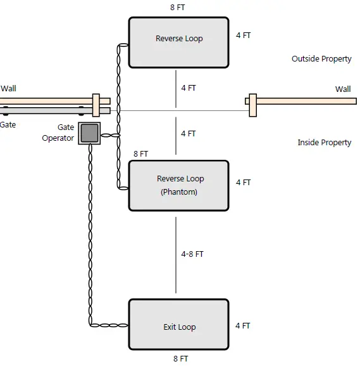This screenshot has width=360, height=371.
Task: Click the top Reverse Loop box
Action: click(x=179, y=42)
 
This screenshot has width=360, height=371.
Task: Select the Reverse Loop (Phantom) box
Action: click(x=179, y=185)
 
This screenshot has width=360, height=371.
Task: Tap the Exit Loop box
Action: click(x=179, y=324)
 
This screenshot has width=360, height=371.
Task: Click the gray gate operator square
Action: click(x=89, y=133)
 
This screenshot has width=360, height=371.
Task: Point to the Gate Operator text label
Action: click(x=58, y=133)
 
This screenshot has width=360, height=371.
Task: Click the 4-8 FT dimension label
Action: click(x=192, y=254)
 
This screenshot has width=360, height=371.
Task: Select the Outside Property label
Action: click(x=321, y=59)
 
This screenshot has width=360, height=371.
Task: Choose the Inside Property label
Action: click(x=324, y=143)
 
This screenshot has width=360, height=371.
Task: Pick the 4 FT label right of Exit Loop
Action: click(x=243, y=326)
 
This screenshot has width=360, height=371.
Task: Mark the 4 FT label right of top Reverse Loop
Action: click(x=243, y=36)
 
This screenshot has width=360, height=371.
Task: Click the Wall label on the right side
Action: click(x=343, y=89)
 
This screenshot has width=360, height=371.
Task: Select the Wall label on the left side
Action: click(x=8, y=89)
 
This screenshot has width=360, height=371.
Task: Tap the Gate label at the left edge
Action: click(x=8, y=125)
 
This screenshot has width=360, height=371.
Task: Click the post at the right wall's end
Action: click(x=252, y=105)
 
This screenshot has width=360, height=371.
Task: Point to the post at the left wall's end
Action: click(x=96, y=105)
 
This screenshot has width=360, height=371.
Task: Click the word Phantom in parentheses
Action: click(x=179, y=192)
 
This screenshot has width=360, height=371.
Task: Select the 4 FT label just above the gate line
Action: click(x=189, y=88)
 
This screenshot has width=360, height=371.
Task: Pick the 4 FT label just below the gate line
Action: click(x=189, y=134)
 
